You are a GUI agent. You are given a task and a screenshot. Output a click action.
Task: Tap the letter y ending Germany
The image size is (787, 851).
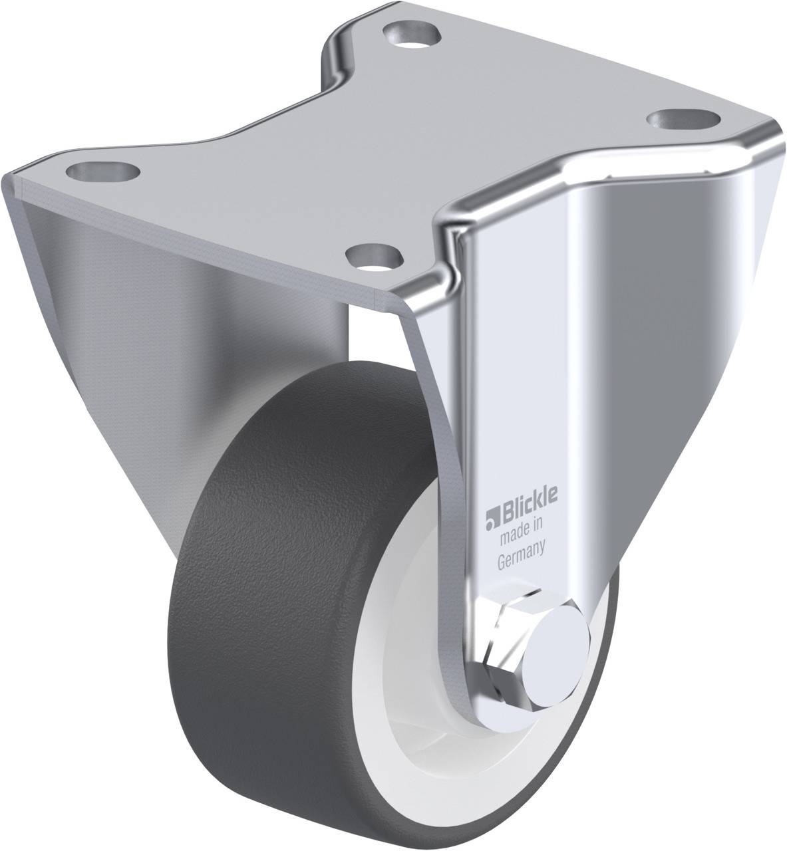pyautogui.click(x=543, y=565)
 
